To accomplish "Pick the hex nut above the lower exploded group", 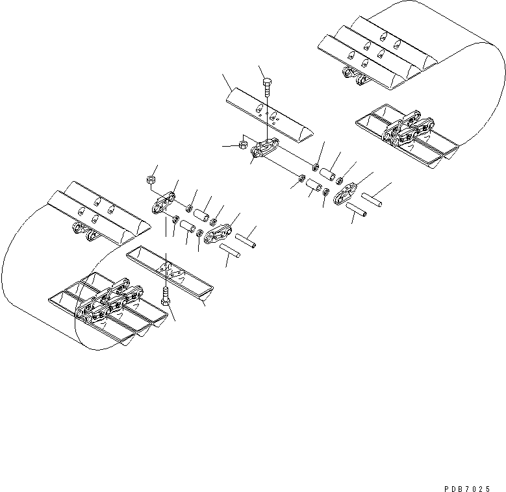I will click(150, 180).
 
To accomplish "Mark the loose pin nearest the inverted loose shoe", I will click(232, 251).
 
